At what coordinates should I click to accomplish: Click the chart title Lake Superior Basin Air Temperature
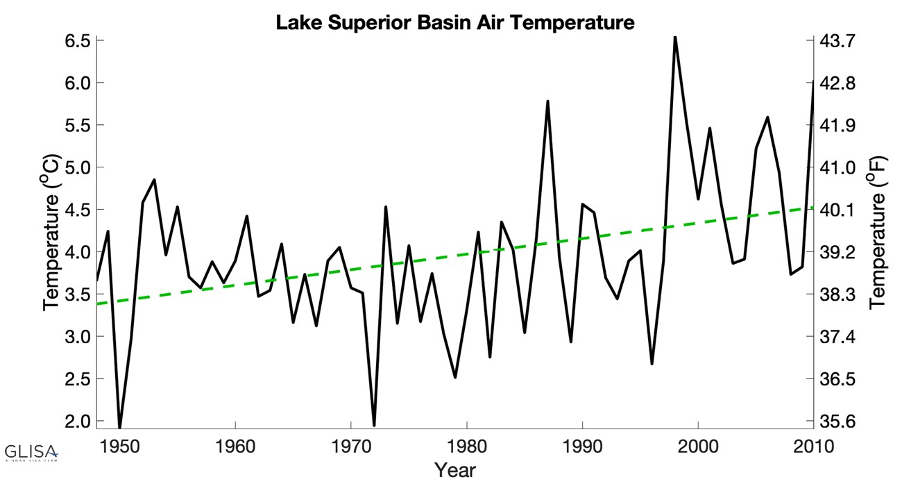454,22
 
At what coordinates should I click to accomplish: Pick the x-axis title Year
455,469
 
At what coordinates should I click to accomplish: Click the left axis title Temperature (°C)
51,233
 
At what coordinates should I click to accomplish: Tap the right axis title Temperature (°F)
878,233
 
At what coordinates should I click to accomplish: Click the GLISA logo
31,451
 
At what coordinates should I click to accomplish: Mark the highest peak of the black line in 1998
675,38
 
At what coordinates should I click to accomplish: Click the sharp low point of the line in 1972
374,424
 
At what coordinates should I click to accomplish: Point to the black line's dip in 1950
119,426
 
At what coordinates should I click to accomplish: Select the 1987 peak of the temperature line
547,101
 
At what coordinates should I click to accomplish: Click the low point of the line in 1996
652,363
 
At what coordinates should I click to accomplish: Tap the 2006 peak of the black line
767,117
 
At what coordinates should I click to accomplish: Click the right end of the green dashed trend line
812,208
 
